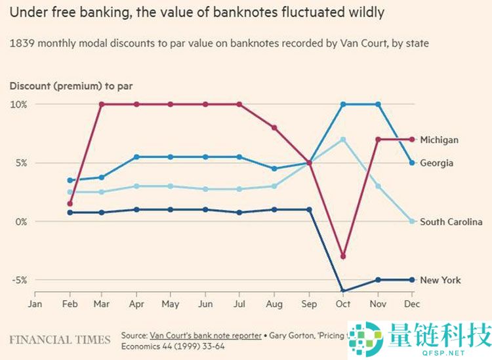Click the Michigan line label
pyautogui.click(x=439, y=140)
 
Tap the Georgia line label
pyautogui.click(x=436, y=163)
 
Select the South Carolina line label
pyautogui.click(x=451, y=222)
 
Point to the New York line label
pyautogui.click(x=440, y=280)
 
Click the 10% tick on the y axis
pyautogui.click(x=18, y=104)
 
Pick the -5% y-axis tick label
pyautogui.click(x=18, y=280)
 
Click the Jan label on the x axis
pyautogui.click(x=35, y=304)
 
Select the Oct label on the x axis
pyautogui.click(x=343, y=304)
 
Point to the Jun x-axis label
pyautogui.click(x=206, y=304)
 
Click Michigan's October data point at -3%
pyautogui.click(x=343, y=256)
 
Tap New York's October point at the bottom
pyautogui.click(x=343, y=290)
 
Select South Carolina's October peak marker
pyautogui.click(x=343, y=140)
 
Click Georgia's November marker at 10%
pyautogui.click(x=378, y=104)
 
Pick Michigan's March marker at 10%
pyautogui.click(x=101, y=104)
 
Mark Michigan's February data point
pyautogui.click(x=70, y=203)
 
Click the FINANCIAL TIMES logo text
pyautogui.click(x=60, y=340)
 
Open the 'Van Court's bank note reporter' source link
pyautogui.click(x=205, y=335)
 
